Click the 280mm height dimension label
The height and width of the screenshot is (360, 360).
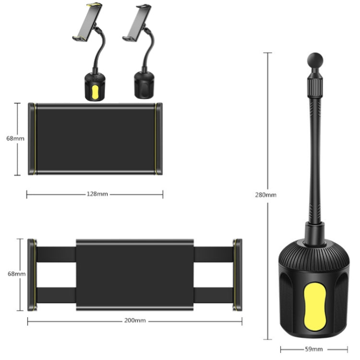click(x=265, y=195)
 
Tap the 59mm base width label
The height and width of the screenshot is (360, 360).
click(x=314, y=349)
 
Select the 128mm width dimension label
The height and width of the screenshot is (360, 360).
click(x=97, y=194)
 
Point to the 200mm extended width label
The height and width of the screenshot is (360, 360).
click(x=135, y=320)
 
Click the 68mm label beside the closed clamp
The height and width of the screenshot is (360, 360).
click(x=15, y=138)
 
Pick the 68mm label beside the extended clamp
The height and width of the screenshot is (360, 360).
click(x=16, y=274)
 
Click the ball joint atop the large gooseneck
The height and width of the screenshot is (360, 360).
click(x=315, y=60)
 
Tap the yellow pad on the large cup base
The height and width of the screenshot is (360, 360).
click(x=315, y=307)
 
